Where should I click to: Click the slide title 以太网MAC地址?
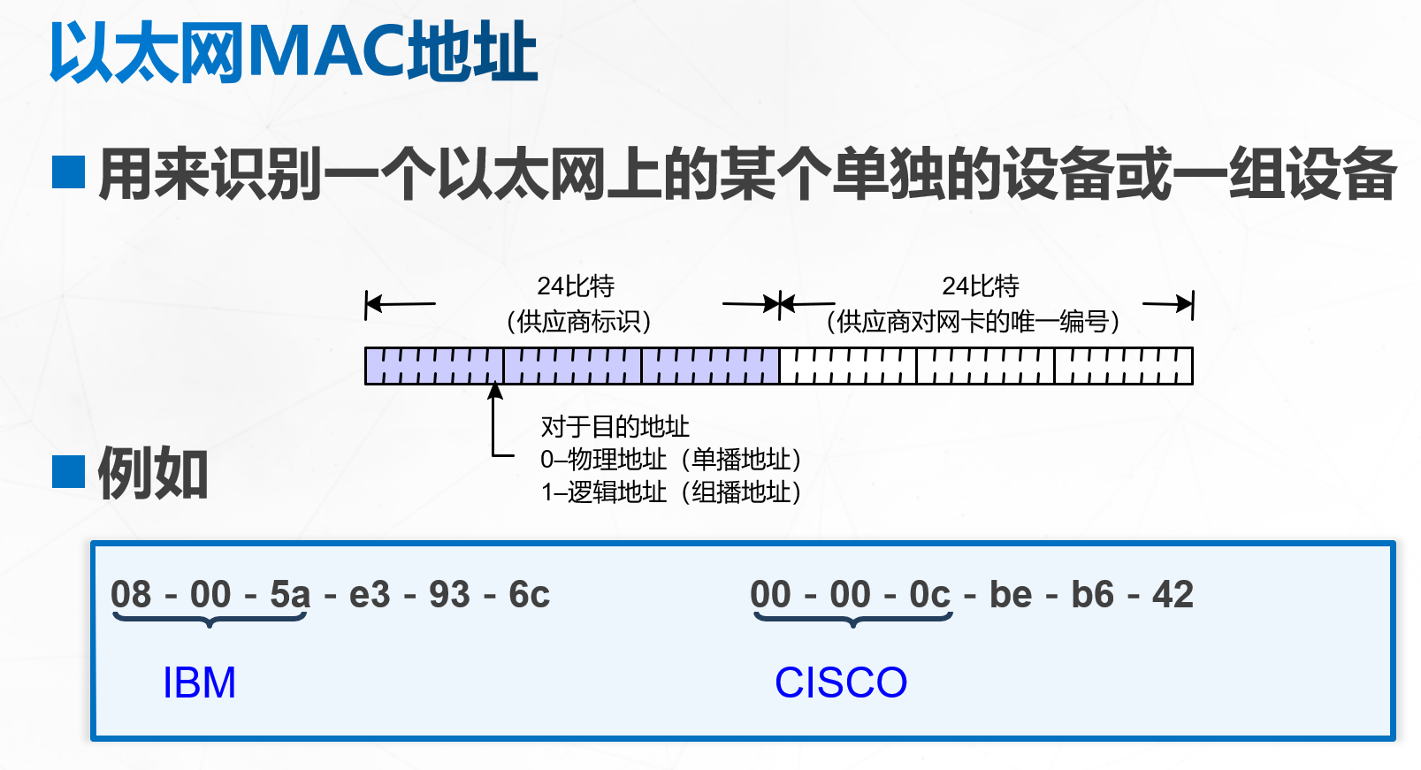click(x=293, y=52)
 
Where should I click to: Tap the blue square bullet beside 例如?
click(x=68, y=471)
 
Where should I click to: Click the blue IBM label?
click(x=200, y=682)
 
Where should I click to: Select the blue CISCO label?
click(x=841, y=682)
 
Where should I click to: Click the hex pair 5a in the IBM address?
click(x=290, y=594)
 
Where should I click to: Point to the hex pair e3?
click(x=370, y=594)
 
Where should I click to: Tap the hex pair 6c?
click(x=529, y=594)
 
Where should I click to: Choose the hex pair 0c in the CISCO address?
click(x=929, y=594)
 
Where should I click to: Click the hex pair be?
click(x=1011, y=594)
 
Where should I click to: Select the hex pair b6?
click(x=1092, y=594)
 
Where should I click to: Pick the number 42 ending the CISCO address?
click(x=1173, y=594)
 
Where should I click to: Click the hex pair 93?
click(x=449, y=594)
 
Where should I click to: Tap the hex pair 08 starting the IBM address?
click(x=131, y=594)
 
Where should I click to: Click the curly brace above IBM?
click(x=210, y=619)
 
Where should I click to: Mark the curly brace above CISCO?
click(x=852, y=619)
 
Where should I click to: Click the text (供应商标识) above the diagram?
click(x=578, y=321)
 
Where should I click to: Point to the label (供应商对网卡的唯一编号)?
click(x=973, y=321)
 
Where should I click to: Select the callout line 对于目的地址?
click(x=615, y=427)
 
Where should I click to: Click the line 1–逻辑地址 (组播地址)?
click(x=671, y=492)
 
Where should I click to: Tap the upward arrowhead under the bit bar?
click(x=495, y=392)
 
